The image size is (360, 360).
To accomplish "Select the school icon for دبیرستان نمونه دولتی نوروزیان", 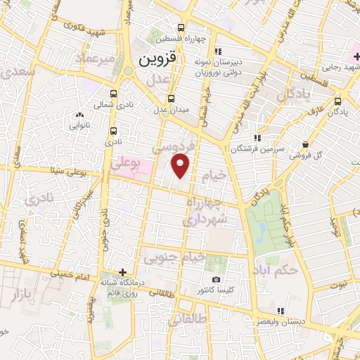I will pos(218,51).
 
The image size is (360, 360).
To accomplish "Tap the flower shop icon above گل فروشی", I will pos(305,145).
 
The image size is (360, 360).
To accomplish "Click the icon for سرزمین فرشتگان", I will pos(258,138).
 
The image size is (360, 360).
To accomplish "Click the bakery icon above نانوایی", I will pos(77,115).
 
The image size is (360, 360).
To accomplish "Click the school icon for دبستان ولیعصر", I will pos(281,311).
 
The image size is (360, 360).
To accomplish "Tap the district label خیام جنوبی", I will pos(174,258).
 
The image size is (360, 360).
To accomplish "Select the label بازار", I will pos(22,295).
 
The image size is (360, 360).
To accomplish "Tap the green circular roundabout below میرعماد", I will pos(128,71).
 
